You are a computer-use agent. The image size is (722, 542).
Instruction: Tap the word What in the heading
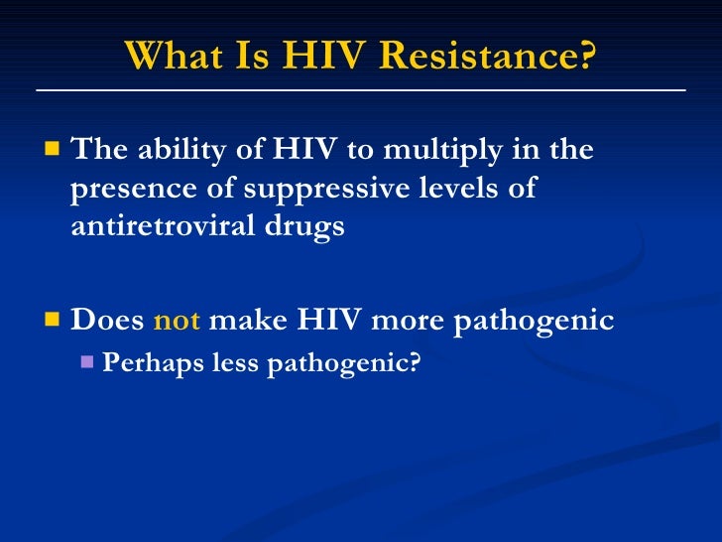175,58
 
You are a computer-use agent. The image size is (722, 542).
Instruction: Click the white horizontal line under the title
361,90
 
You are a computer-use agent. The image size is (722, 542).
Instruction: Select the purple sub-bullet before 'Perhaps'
86,363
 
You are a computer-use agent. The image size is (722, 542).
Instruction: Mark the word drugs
310,225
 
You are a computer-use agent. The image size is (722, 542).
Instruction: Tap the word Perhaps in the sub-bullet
153,363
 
